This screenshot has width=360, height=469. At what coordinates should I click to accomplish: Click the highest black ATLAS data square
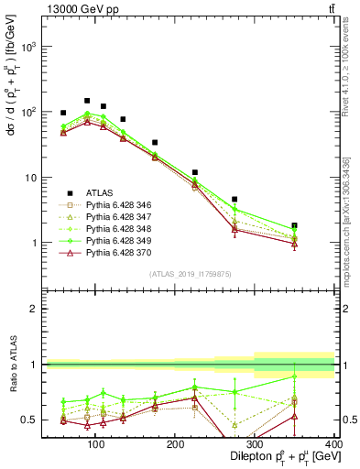(x=87, y=101)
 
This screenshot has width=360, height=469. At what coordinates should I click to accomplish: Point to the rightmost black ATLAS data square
(x=320, y=225)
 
